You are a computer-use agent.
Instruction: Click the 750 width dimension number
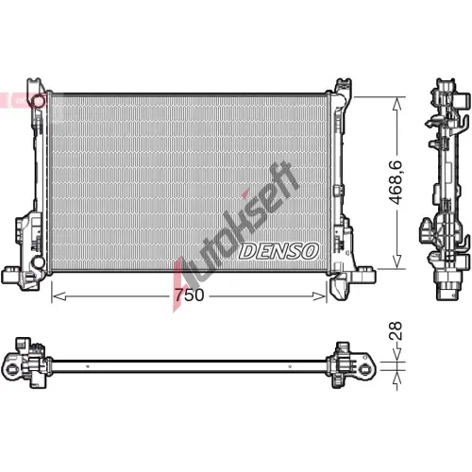(190, 295)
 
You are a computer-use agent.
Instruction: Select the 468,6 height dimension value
(396, 182)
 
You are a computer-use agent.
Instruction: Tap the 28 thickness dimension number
(396, 330)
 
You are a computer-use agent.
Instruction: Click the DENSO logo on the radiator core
(278, 251)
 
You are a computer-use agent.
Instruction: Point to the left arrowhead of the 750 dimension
(59, 296)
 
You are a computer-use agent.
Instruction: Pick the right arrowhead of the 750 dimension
(319, 296)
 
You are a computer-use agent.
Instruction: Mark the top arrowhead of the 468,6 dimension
(397, 104)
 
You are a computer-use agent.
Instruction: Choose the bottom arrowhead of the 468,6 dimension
(397, 261)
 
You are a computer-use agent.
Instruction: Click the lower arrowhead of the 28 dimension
(397, 379)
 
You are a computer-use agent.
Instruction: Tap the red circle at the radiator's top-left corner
(40, 101)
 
